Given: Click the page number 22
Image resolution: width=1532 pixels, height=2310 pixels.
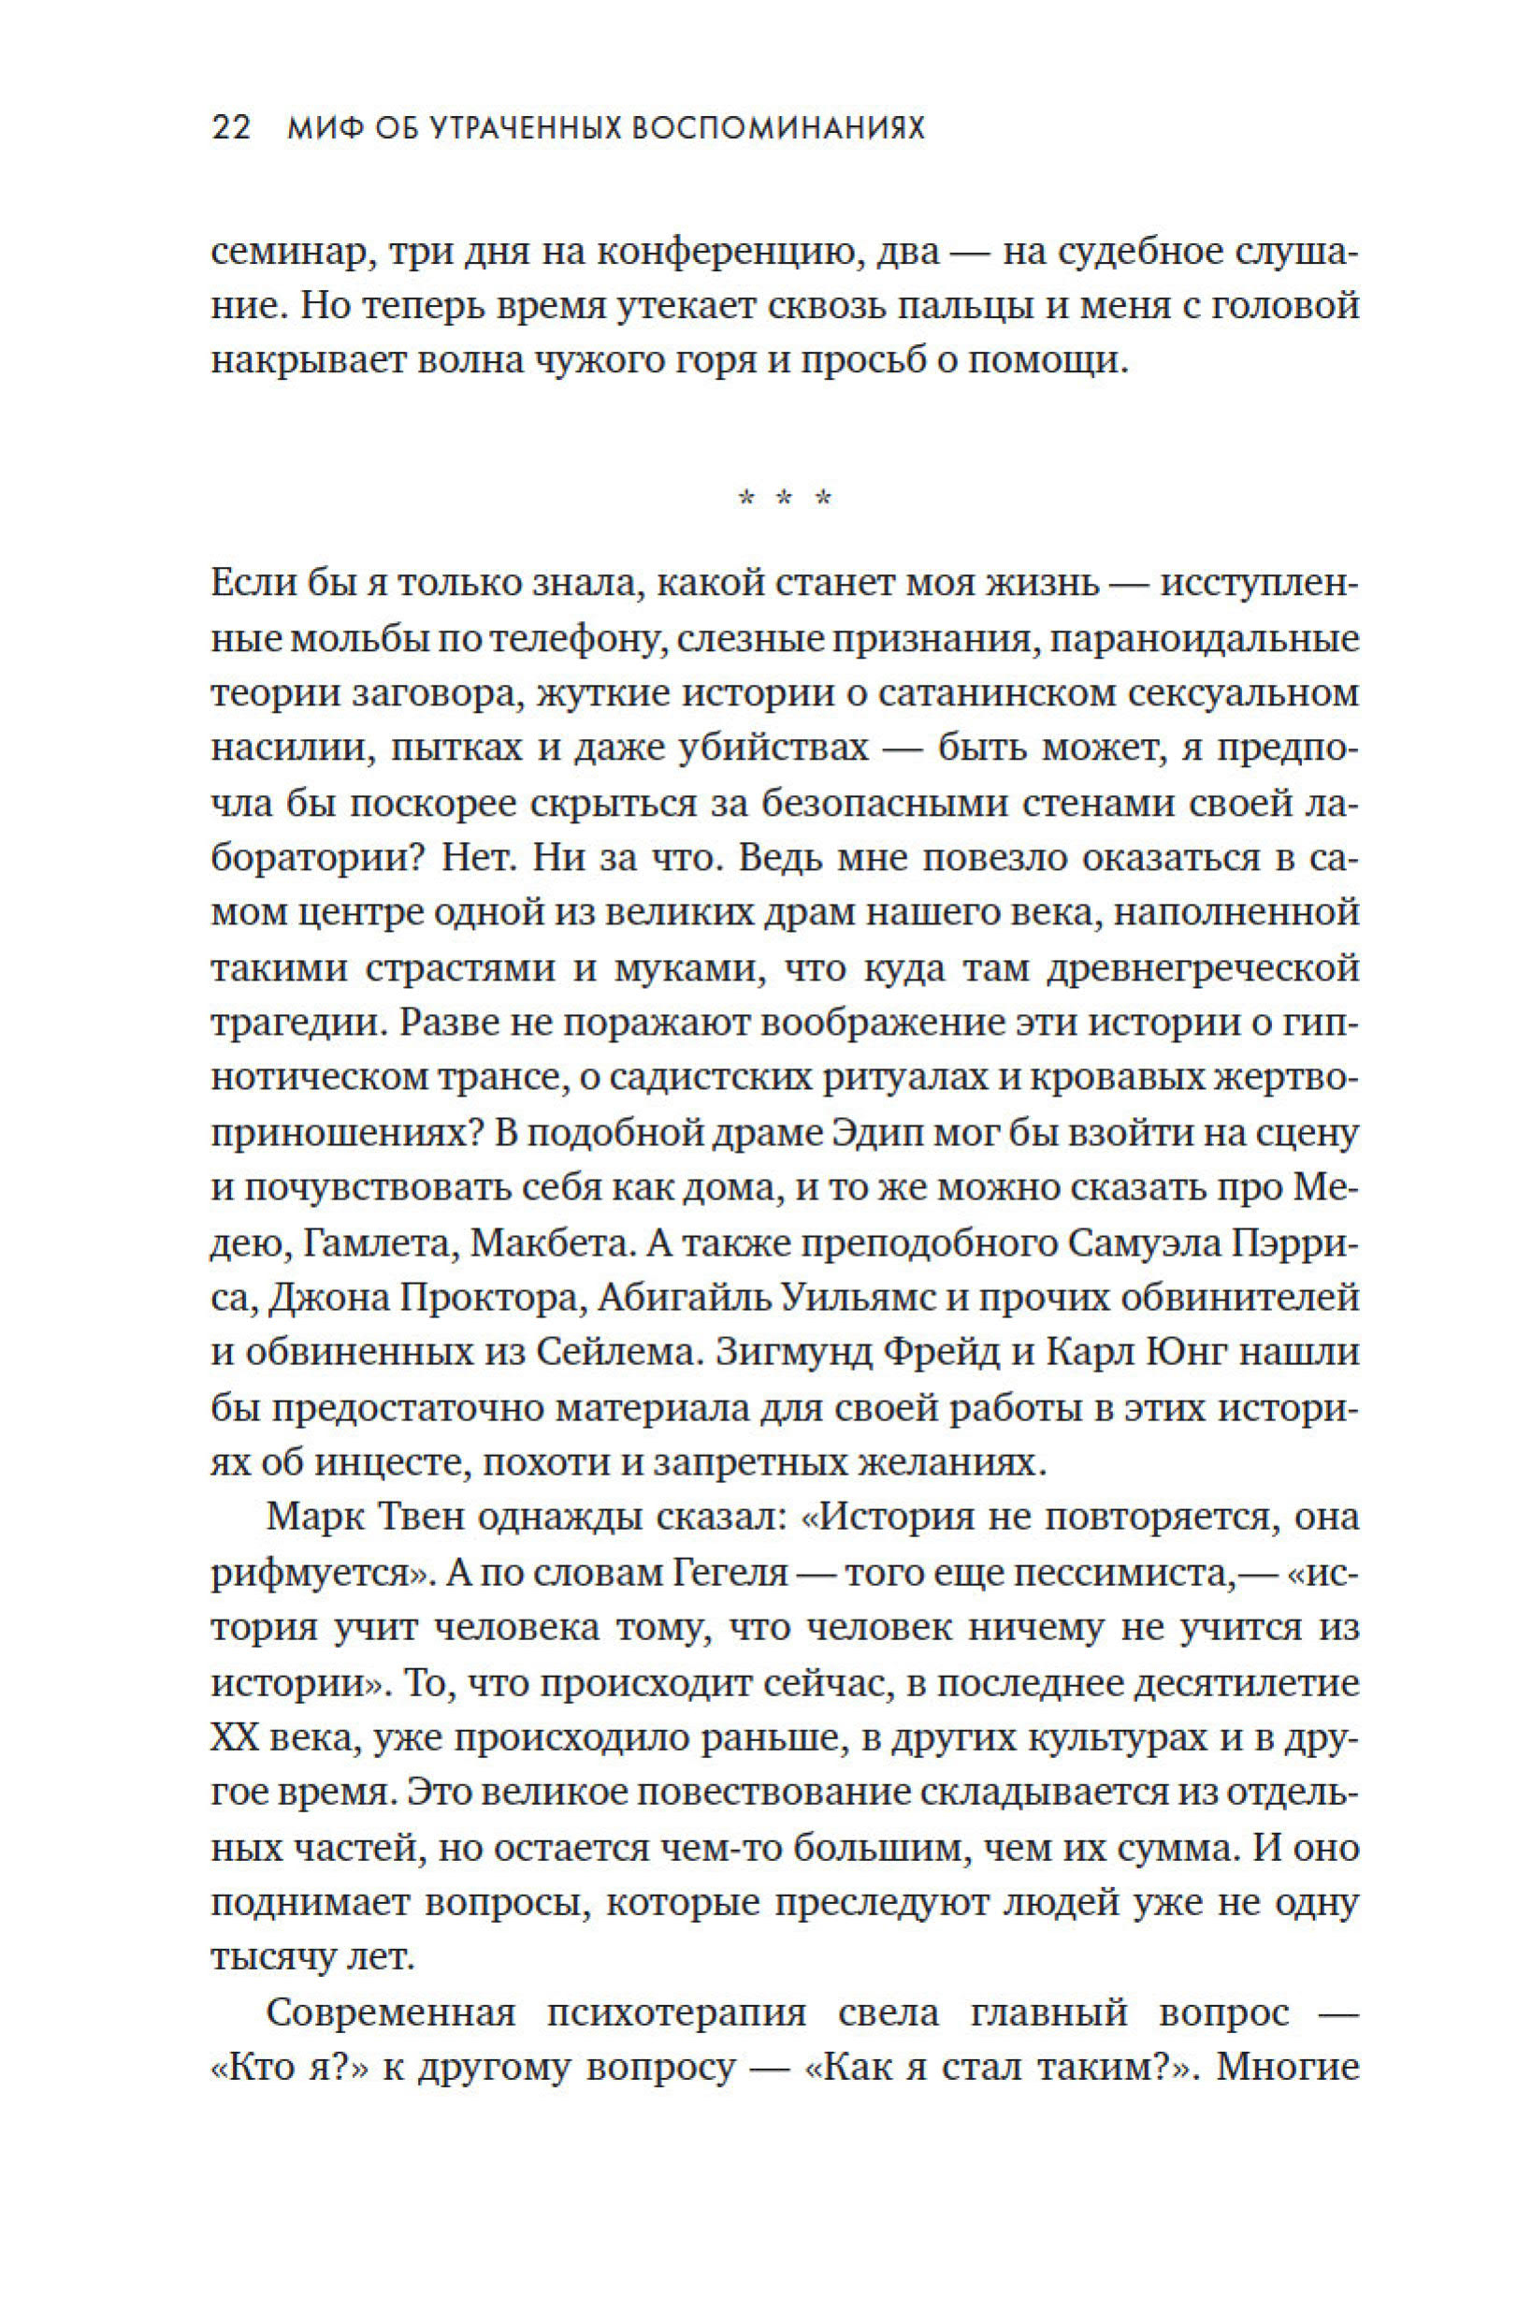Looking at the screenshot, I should click(232, 128).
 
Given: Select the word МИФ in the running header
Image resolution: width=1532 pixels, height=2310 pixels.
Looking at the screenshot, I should click(319, 128).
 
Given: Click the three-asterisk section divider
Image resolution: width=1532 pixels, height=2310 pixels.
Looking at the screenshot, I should click(785, 500).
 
